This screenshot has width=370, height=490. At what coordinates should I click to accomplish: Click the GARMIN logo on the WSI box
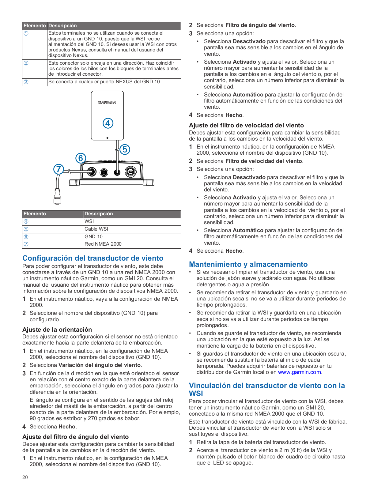click(x=107, y=102)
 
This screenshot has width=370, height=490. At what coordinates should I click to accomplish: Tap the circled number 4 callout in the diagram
click(x=108, y=123)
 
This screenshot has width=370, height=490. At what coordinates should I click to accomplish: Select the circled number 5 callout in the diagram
click(x=125, y=149)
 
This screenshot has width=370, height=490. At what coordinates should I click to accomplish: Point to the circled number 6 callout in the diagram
click(x=81, y=158)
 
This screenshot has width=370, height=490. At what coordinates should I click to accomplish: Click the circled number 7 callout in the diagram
click(x=59, y=169)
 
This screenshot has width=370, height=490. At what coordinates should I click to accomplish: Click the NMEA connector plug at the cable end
click(x=57, y=196)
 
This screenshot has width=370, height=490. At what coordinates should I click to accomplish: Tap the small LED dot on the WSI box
click(x=107, y=138)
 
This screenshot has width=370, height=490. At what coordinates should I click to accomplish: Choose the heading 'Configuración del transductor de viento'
click(x=93, y=258)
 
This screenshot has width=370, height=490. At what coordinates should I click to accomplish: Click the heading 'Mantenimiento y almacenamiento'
click(x=248, y=264)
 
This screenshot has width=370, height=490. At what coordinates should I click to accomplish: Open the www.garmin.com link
click(x=299, y=372)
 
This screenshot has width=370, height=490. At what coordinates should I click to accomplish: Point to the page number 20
click(x=25, y=477)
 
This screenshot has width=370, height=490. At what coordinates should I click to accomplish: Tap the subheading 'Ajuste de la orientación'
click(x=57, y=330)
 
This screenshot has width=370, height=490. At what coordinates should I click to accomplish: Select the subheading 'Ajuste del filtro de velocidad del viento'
click(x=246, y=125)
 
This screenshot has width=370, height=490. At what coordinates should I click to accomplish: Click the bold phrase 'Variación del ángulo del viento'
click(x=100, y=365)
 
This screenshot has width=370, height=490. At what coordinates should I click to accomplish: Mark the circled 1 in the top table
click(x=26, y=33)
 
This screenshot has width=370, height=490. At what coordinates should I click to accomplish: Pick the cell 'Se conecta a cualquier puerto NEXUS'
click(x=104, y=82)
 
